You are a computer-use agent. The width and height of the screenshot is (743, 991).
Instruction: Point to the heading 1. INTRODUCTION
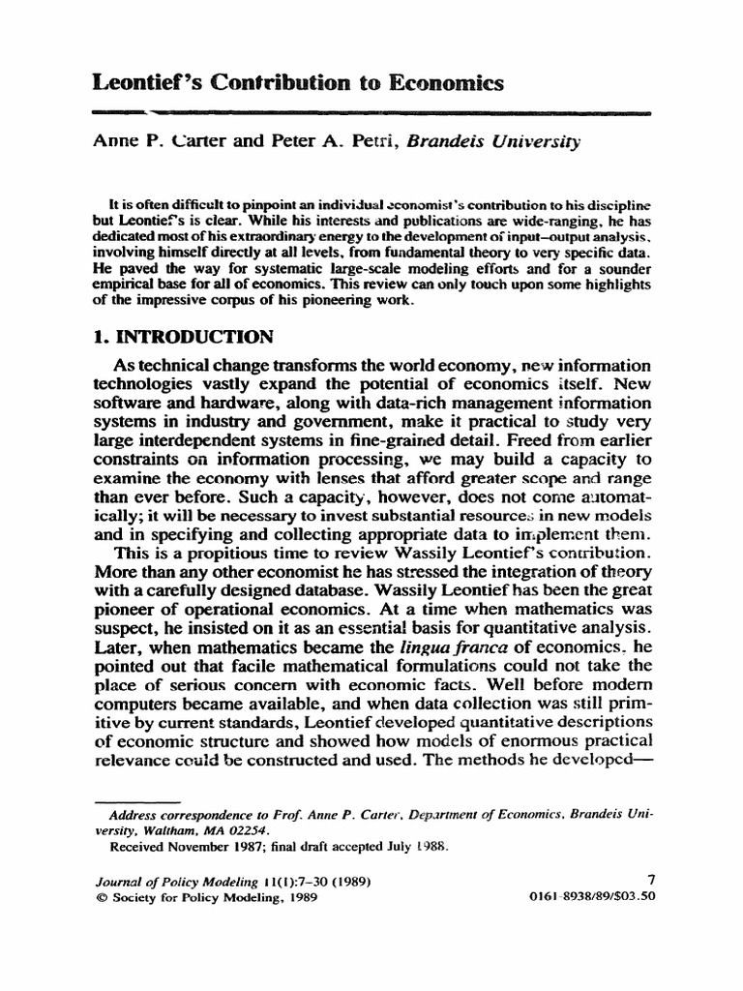click(184, 338)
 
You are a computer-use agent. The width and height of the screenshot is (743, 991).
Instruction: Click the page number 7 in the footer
click(650, 880)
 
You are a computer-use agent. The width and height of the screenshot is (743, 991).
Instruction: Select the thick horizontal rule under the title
click(371, 112)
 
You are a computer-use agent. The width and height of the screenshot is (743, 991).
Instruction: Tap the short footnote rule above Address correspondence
click(136, 801)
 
